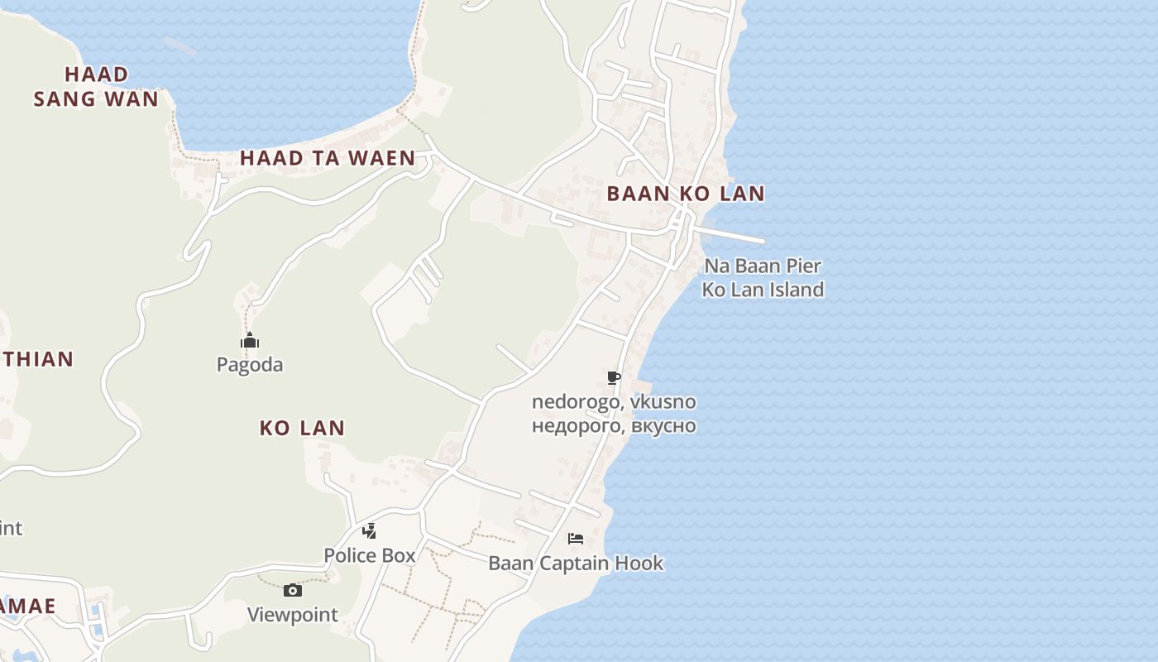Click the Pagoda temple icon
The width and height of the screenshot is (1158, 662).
[250, 340]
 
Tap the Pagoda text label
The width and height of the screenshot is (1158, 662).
[250, 364]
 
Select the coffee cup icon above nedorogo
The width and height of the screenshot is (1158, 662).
[613, 378]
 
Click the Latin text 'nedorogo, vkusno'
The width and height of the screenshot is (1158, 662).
[614, 402]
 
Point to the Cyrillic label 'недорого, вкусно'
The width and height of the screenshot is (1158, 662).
[614, 426]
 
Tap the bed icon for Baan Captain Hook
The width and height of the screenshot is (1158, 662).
[576, 539]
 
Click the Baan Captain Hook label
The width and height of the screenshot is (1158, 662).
[576, 564]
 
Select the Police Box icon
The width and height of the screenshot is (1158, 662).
[370, 530]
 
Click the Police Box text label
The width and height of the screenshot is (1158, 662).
[370, 555]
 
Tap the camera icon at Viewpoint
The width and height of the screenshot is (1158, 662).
[292, 590]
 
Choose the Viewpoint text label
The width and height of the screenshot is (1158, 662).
[293, 615]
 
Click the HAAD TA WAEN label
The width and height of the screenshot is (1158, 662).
[328, 158]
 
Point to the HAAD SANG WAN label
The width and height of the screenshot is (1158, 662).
[96, 87]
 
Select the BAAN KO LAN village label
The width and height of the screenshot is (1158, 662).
[686, 194]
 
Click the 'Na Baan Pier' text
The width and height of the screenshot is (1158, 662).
[763, 266]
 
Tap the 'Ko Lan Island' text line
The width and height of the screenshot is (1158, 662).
[763, 290]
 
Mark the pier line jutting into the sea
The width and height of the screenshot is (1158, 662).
[732, 234]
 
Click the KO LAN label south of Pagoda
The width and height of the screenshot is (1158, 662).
[302, 428]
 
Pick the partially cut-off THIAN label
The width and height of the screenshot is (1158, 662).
[37, 359]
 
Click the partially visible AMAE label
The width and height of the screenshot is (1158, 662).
[27, 606]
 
